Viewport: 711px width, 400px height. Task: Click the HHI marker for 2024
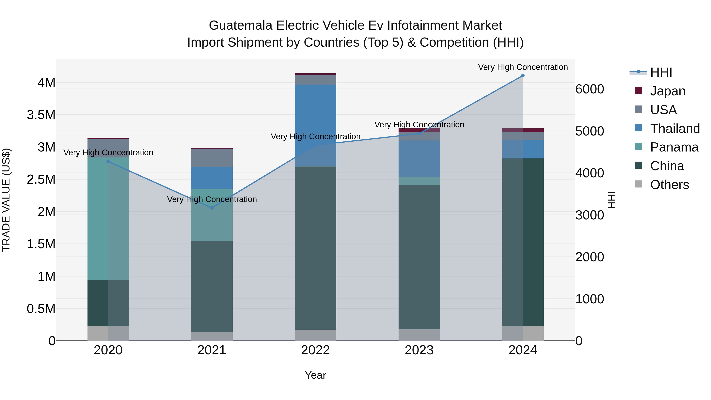(523, 76)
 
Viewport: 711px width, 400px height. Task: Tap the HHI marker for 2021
(212, 208)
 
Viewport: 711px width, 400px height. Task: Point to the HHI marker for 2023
(419, 134)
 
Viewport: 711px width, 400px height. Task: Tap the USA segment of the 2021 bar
(212, 158)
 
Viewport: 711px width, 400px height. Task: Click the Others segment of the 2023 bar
(419, 335)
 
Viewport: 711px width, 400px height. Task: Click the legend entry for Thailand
(675, 129)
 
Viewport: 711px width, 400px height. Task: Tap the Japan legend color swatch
(638, 90)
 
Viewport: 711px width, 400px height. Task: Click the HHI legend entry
(661, 72)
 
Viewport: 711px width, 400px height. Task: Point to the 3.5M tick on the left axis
(41, 115)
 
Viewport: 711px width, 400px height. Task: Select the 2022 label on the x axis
(315, 350)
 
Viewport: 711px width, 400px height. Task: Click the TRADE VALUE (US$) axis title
(6, 200)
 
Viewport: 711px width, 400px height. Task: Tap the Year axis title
(315, 375)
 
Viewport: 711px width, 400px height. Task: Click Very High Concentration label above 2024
(523, 67)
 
